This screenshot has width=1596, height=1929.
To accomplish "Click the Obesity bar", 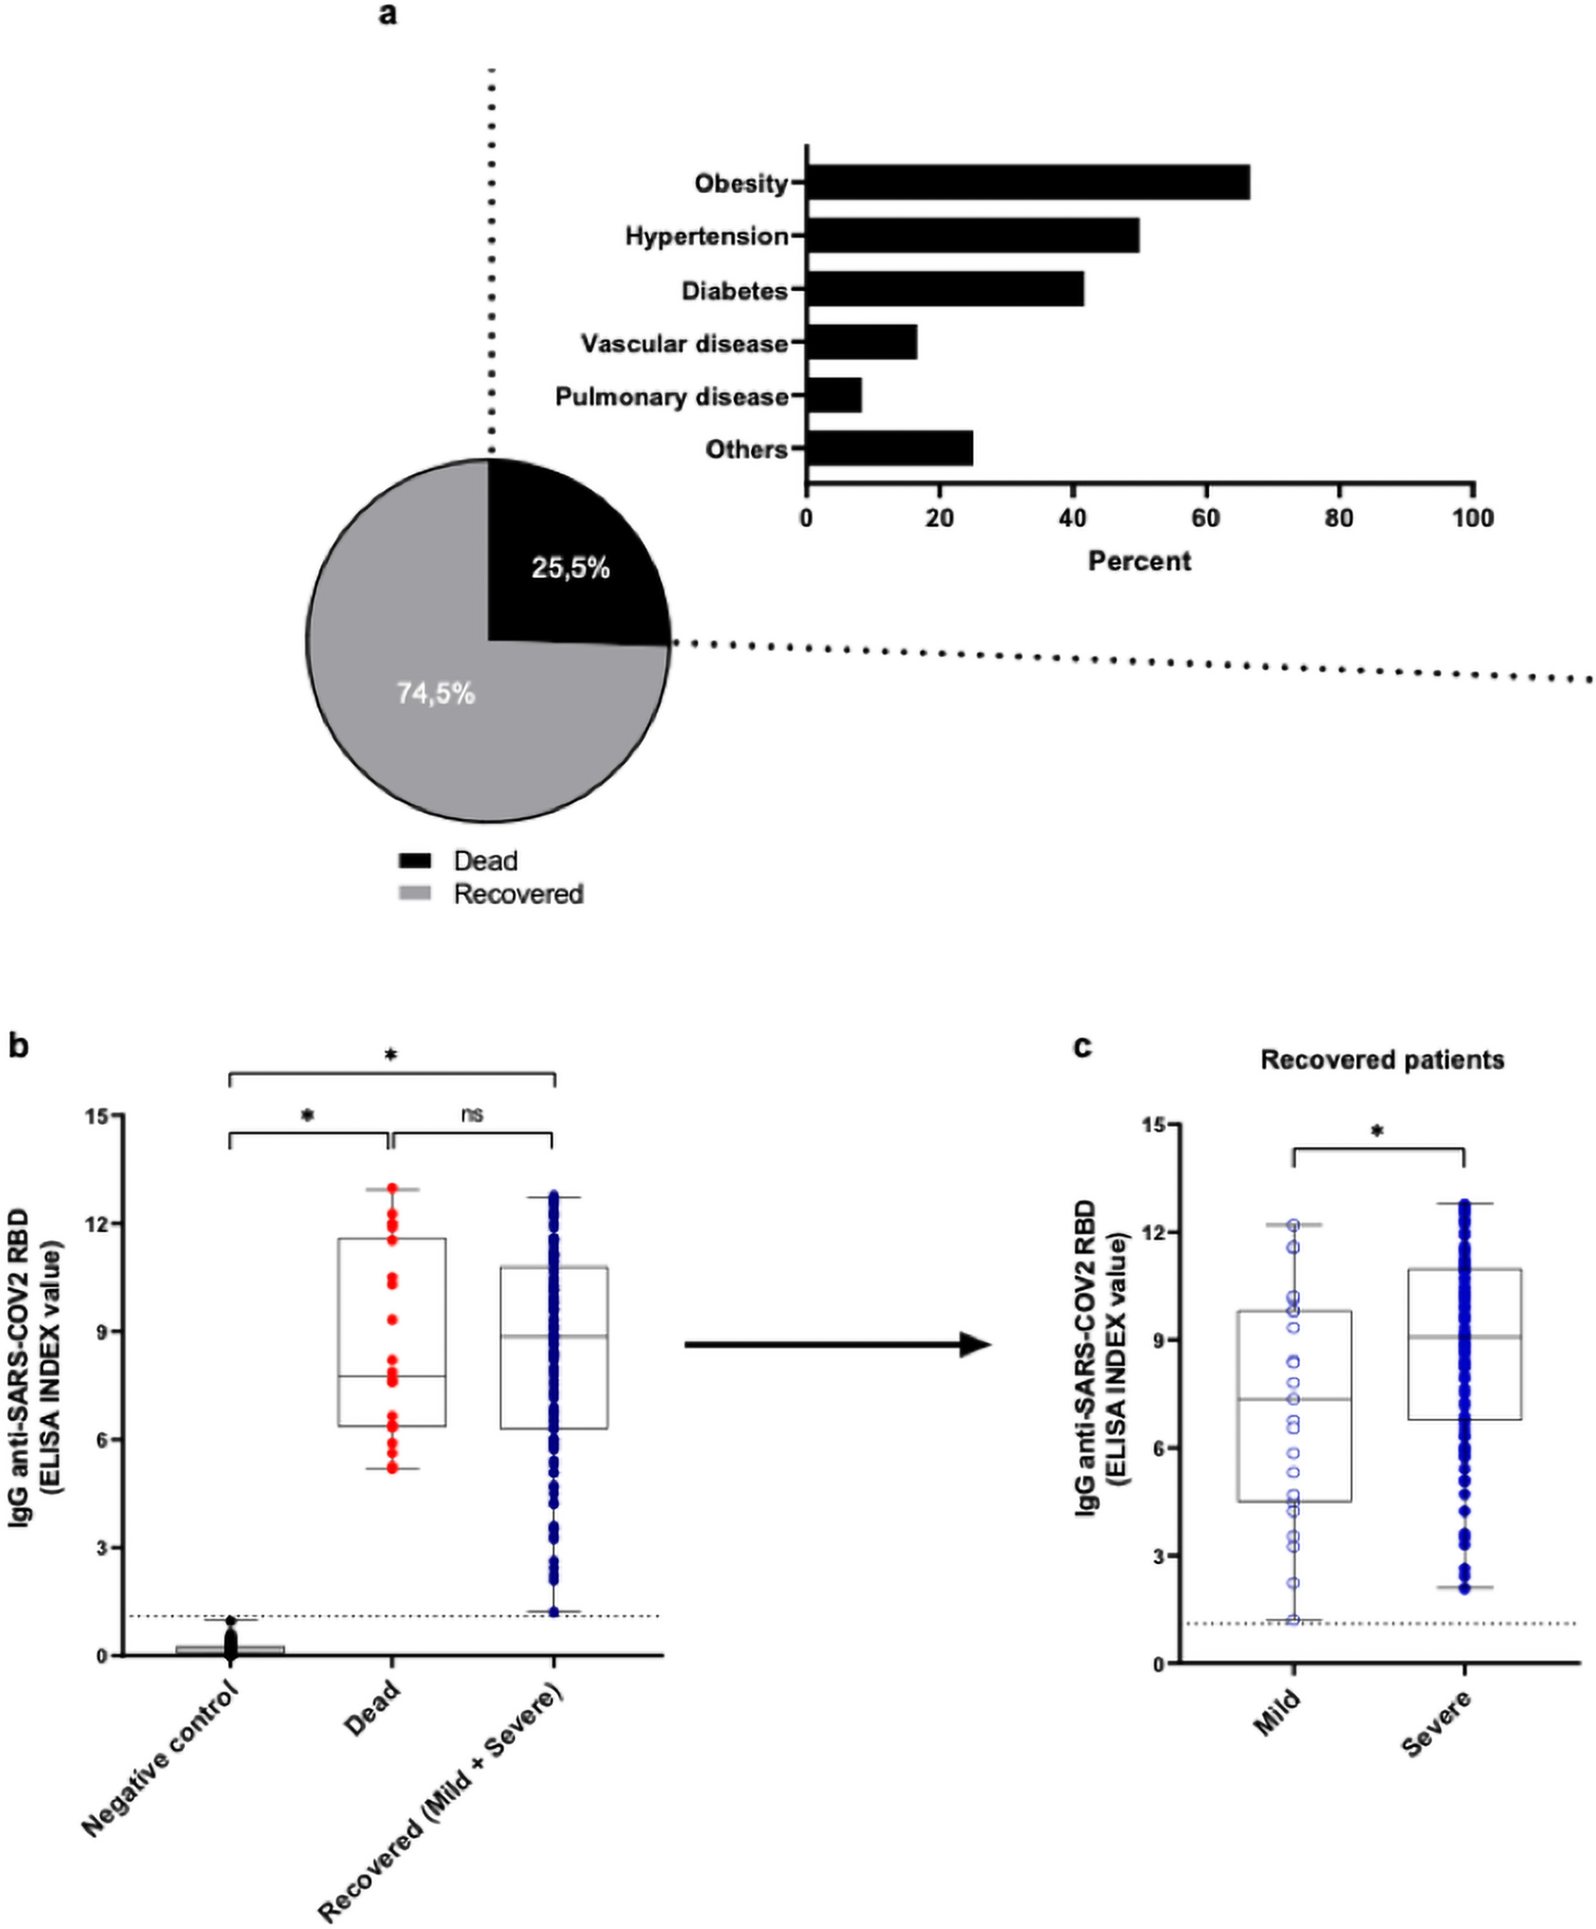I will (1027, 182).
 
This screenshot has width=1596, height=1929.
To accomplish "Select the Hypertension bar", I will (972, 235).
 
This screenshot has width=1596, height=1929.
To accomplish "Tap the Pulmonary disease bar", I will (834, 395).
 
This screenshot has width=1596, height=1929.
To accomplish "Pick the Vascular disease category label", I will (684, 343).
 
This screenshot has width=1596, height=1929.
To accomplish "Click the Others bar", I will (889, 448).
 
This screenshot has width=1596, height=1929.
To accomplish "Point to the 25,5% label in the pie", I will (571, 569).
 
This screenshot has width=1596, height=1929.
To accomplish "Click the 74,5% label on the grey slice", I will (436, 693).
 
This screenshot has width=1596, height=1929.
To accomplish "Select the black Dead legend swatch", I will (415, 861).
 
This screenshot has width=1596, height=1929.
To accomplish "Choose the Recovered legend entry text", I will (518, 894).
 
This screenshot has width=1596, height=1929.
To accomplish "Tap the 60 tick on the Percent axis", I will (1206, 518).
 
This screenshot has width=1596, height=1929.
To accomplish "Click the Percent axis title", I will (1140, 562).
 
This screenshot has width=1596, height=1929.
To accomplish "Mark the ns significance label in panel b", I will (472, 1114).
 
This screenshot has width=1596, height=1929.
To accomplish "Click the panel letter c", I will (1082, 1047).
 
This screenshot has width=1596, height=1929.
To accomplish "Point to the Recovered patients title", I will (1382, 1060).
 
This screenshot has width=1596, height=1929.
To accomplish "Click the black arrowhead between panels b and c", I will (975, 1345).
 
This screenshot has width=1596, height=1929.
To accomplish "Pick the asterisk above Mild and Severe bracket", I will (1377, 1131).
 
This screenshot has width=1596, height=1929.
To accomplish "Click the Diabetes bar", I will (945, 288).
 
